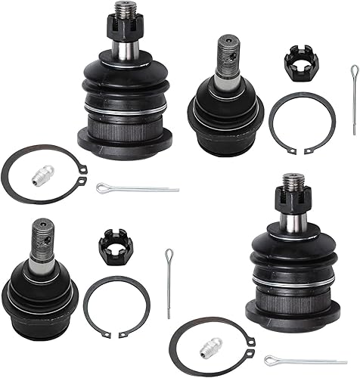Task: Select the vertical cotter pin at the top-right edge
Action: coord(354,89)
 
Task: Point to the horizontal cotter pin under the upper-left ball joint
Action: coord(137,187)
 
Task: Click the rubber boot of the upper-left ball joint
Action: coord(123,83)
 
